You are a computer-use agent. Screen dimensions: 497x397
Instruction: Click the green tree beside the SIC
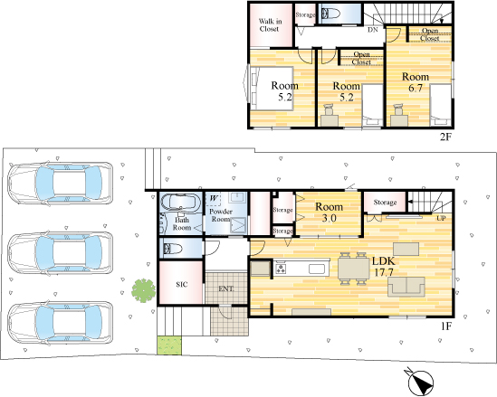coord(144,290)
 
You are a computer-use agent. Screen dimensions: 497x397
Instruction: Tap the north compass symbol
coord(419,382)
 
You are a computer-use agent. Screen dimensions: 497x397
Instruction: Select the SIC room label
coord(182,284)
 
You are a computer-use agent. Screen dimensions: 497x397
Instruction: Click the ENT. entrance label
coord(226,288)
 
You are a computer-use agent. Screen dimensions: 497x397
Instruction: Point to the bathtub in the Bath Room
coord(180,202)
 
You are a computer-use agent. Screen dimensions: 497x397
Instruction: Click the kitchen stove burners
coord(281,269)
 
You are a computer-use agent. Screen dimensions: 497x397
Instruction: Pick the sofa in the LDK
coord(406,287)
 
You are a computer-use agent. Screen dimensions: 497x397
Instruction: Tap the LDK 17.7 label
coord(384,267)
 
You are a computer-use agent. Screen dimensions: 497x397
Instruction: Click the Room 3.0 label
coord(329,213)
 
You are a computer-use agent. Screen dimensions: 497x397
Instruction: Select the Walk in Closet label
coord(270,25)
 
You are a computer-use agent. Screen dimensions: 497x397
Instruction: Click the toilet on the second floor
coord(330,14)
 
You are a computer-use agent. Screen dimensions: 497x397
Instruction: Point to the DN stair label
coord(373,30)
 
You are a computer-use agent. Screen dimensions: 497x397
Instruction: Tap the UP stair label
coord(441,218)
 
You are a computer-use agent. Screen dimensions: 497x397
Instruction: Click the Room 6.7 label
coord(416,82)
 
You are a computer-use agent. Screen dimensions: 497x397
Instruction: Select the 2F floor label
coord(445,137)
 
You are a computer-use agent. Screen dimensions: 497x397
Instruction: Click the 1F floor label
coord(445,326)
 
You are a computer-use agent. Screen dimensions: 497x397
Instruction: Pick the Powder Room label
coord(221,215)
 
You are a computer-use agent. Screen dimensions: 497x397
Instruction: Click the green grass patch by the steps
coord(169,345)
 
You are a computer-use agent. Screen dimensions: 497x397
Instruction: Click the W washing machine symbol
coord(214,199)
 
